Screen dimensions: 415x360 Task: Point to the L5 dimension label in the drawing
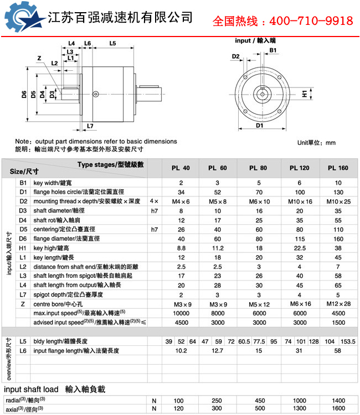click(x=112, y=43)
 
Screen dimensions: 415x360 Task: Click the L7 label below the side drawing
click(x=90, y=126)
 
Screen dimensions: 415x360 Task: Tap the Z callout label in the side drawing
click(x=39, y=58)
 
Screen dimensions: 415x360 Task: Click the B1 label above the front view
click(x=273, y=50)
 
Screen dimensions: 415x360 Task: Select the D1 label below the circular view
click(x=259, y=126)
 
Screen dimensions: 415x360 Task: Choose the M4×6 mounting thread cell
click(x=181, y=201)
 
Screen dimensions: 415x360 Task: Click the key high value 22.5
click(x=299, y=248)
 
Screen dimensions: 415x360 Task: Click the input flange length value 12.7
click(x=217, y=350)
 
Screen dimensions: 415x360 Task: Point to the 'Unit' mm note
click(x=316, y=142)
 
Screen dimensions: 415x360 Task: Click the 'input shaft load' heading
click(x=54, y=388)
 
